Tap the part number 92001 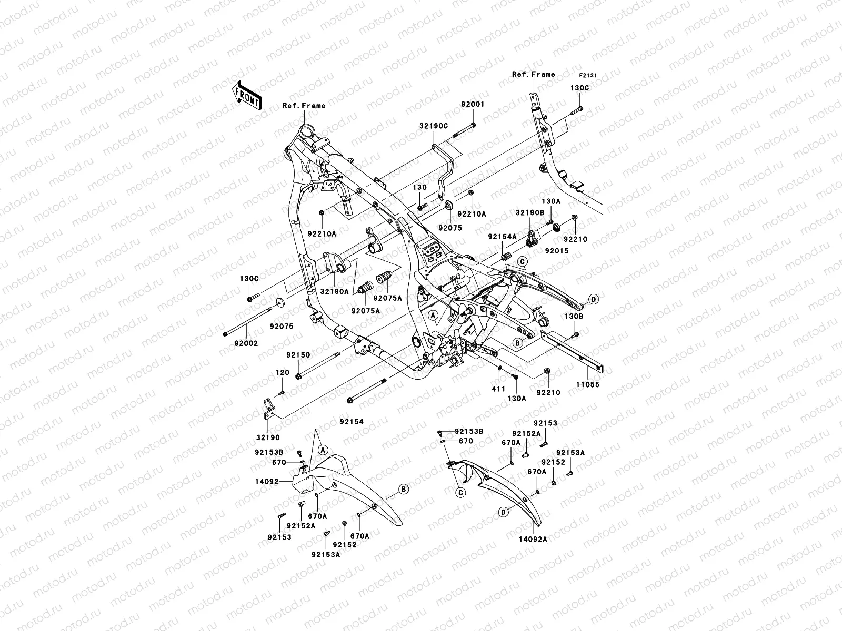474,105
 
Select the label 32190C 434,126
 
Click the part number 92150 298,355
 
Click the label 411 498,389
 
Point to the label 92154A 501,237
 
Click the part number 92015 556,251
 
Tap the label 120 283,373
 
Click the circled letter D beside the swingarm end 593,299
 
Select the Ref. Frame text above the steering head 304,106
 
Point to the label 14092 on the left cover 266,481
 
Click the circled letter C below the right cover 460,493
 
